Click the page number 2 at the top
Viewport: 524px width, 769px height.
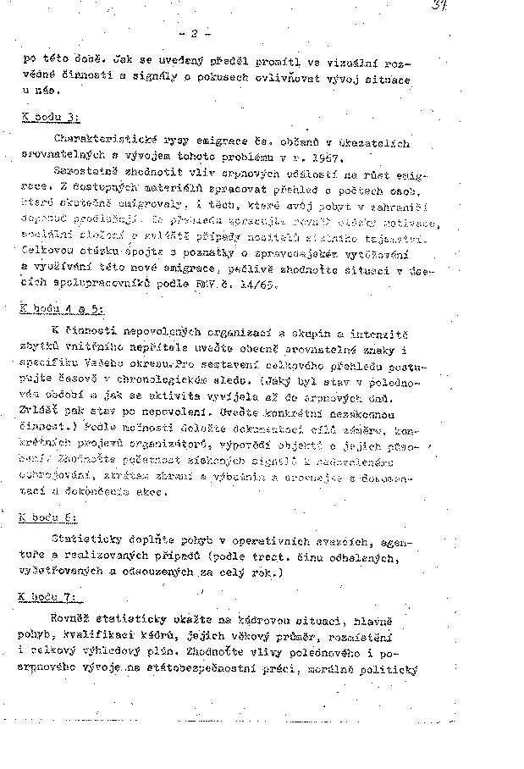pyautogui.click(x=195, y=34)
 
